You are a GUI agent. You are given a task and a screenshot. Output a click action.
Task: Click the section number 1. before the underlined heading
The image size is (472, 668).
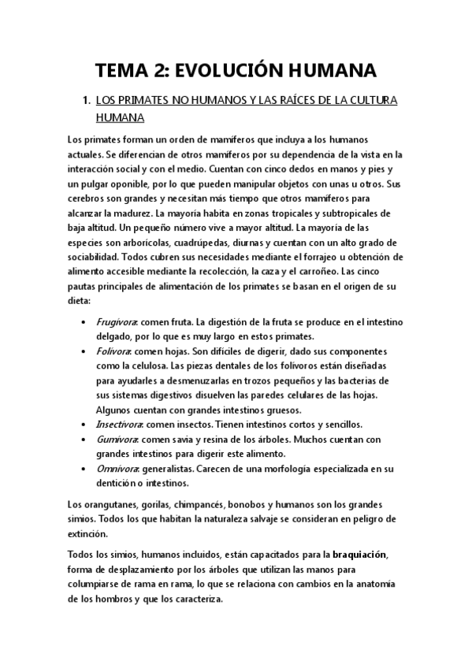[x=87, y=102]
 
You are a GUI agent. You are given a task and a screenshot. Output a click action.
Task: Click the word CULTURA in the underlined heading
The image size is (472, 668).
[x=370, y=102]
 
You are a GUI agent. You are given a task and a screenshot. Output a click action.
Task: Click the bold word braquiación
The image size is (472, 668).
[x=359, y=555]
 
